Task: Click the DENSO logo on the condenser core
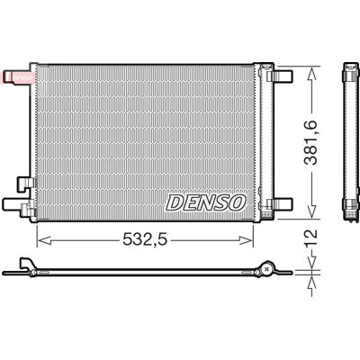tap(206, 202)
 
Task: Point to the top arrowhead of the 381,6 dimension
tap(311, 74)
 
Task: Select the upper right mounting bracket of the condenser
tap(279, 76)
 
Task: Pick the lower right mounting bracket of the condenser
tap(279, 204)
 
